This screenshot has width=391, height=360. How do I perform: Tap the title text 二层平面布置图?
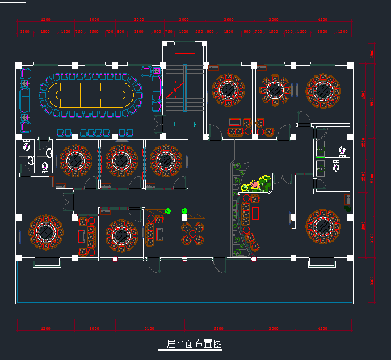pos(189,344)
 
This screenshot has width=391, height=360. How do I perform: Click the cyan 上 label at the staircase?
pos(174,124)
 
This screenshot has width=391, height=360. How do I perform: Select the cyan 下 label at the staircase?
pos(195,124)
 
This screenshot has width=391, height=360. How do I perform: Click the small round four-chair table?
pos(192,233)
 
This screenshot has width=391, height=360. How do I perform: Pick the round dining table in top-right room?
pos(323,90)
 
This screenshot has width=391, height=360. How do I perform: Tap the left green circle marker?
pos(168,211)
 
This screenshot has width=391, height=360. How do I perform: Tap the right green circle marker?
pos(184,211)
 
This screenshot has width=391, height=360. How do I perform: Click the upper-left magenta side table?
pos(24,84)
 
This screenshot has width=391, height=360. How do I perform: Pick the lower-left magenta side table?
pos(24,117)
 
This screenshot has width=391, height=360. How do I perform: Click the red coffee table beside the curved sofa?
pos(255,214)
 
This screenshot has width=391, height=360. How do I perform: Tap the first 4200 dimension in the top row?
pos(45,20)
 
